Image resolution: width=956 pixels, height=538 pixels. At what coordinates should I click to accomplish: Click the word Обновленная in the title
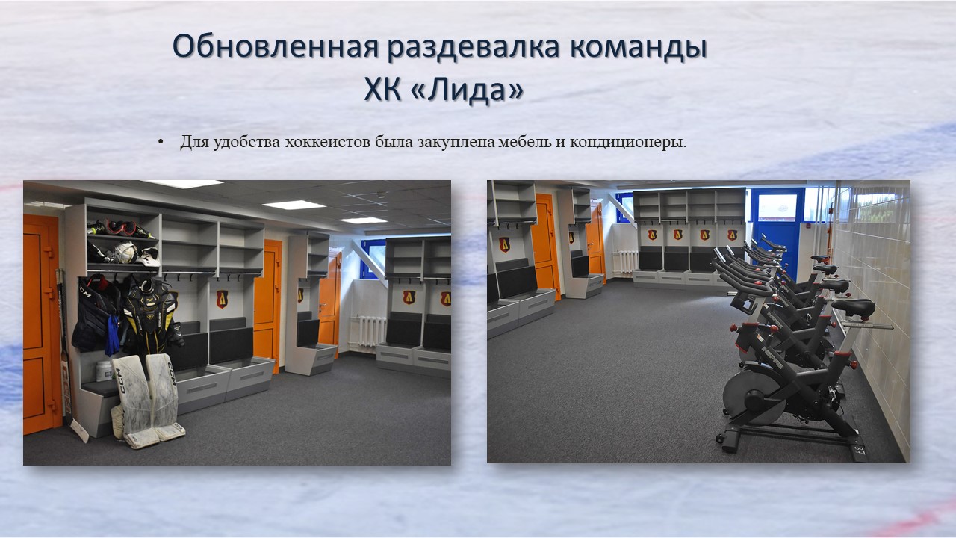(276, 46)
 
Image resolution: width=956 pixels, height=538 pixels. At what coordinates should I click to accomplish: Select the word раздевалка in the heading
(474, 46)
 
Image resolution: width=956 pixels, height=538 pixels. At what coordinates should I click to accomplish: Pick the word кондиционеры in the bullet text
(628, 143)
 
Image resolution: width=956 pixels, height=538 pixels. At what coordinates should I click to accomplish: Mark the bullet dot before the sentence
(161, 142)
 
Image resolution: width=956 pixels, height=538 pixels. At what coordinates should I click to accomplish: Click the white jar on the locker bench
(104, 371)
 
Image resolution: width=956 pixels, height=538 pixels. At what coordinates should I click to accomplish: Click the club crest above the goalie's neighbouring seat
(222, 299)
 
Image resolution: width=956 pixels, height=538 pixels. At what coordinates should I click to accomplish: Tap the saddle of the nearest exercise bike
(854, 307)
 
